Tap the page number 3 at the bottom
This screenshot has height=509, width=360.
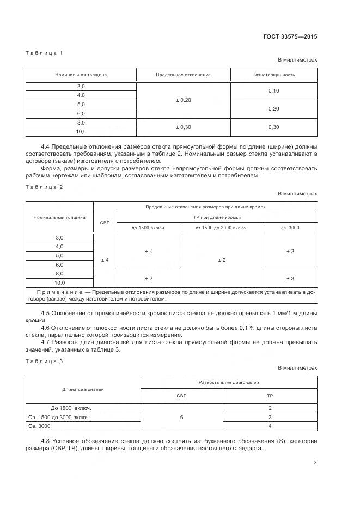pos(315,463)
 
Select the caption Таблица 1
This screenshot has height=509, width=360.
pos(45,53)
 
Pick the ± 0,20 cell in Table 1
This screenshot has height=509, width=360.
pos(183,100)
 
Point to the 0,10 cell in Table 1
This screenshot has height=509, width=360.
pos(273,91)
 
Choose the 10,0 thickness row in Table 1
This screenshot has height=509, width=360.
pos(81,132)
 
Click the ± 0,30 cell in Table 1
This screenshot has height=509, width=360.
pos(183,127)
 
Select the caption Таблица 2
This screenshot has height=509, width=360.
pos(45,187)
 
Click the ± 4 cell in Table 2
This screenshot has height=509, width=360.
pos(105,260)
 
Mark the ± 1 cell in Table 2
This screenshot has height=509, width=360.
pos(148,252)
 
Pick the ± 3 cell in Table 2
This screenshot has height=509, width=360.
pos(290,278)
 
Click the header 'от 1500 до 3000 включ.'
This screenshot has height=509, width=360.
pos(222,228)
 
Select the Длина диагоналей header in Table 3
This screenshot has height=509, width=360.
pos(83,389)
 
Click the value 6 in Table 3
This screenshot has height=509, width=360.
pos(181,417)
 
